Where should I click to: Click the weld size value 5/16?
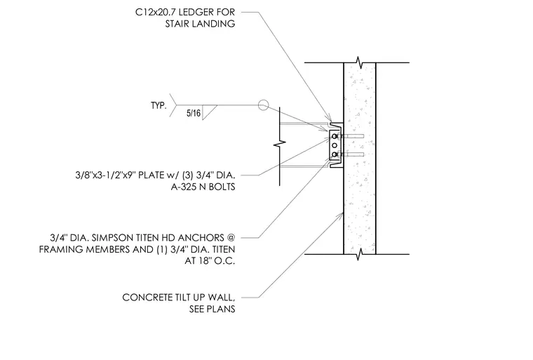coord(194,113)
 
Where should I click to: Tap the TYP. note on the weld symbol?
coord(158,105)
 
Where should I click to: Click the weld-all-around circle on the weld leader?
coord(263,105)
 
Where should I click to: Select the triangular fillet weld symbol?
coord(209,112)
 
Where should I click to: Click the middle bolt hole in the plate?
coord(335,146)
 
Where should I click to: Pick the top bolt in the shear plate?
coord(335,136)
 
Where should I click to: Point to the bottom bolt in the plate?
coord(335,155)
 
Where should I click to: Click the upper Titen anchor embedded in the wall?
coord(353,136)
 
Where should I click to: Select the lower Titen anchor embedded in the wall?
coord(353,155)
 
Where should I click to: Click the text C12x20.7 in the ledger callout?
coord(155,12)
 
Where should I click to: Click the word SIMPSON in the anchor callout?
coord(110,238)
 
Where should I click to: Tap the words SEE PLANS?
coord(212,309)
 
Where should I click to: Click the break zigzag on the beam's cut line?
coord(280,145)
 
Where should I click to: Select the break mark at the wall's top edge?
coord(359,62)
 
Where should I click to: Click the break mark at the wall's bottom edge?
coord(359,254)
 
